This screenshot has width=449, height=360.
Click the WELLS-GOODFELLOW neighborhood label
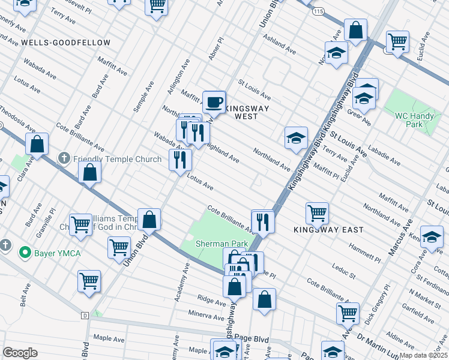click(x=65, y=43)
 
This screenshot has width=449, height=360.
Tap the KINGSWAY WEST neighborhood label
click(x=246, y=112)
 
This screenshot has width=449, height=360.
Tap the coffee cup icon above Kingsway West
click(x=214, y=102)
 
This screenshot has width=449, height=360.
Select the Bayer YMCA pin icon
click(x=25, y=253)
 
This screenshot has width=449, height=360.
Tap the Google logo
click(x=20, y=353)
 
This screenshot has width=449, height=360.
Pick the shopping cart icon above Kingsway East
click(x=317, y=212)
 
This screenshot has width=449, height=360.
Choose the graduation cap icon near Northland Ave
click(x=296, y=138)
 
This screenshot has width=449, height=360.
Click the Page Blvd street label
click(x=259, y=339)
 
